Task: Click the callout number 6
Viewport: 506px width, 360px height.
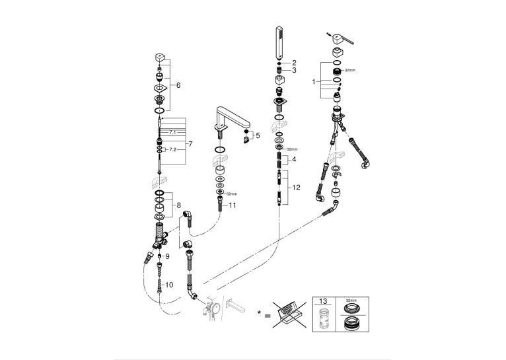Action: pyautogui.click(x=178, y=85)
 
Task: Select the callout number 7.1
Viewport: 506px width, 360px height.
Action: pyautogui.click(x=172, y=132)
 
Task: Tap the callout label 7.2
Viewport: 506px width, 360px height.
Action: pyautogui.click(x=173, y=150)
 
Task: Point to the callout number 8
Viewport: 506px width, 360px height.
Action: pyautogui.click(x=178, y=205)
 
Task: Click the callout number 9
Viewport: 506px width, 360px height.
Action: pyautogui.click(x=167, y=256)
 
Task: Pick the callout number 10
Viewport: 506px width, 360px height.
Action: pyautogui.click(x=169, y=285)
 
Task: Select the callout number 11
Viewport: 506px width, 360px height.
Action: pyautogui.click(x=233, y=205)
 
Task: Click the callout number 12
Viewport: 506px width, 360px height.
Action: pyautogui.click(x=296, y=188)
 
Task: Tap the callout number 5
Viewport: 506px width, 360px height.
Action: pyautogui.click(x=258, y=135)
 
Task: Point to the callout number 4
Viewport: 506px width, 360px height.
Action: pyautogui.click(x=294, y=159)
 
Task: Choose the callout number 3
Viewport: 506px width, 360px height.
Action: pyautogui.click(x=294, y=70)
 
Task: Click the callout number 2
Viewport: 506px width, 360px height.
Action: pyautogui.click(x=294, y=63)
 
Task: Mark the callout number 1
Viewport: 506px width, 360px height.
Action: pyautogui.click(x=313, y=82)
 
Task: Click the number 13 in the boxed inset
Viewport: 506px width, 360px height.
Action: pyautogui.click(x=323, y=301)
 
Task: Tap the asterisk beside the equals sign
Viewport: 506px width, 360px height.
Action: pyautogui.click(x=259, y=312)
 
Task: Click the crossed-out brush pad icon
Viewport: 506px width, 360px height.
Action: pyautogui.click(x=289, y=314)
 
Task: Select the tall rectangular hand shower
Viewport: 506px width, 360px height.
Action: pyautogui.click(x=280, y=43)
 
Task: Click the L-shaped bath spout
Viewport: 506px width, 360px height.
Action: pyautogui.click(x=233, y=120)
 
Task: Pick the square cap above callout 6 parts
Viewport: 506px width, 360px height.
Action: pyautogui.click(x=160, y=58)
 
